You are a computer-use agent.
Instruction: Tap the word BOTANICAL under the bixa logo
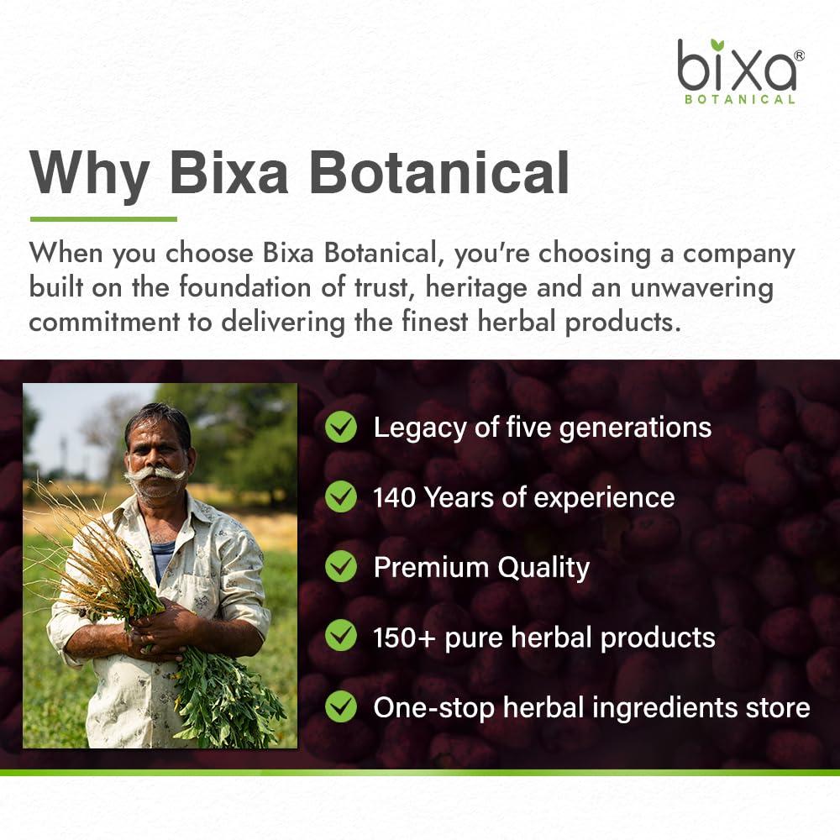(x=740, y=99)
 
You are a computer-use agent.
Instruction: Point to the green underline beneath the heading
(x=103, y=219)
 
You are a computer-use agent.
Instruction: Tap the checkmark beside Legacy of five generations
(x=341, y=427)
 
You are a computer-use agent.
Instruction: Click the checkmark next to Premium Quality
(x=341, y=567)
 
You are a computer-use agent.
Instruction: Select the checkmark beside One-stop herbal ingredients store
(x=341, y=706)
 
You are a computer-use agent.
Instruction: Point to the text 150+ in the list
(x=400, y=637)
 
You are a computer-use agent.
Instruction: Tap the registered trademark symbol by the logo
(x=799, y=55)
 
